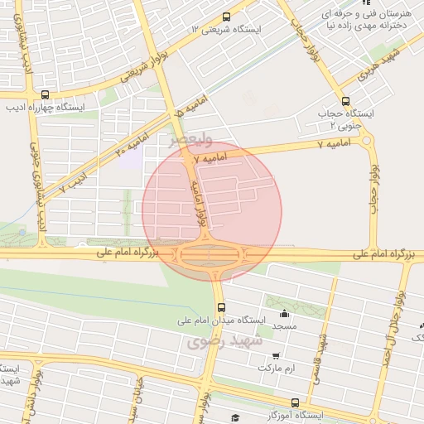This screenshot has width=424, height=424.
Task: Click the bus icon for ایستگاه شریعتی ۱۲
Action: pyautogui.click(x=227, y=17)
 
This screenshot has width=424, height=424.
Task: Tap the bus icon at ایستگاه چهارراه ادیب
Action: pyautogui.click(x=44, y=94)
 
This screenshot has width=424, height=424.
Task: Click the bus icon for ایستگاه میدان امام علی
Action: pyautogui.click(x=219, y=307)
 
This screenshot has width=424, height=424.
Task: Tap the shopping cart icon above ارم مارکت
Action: pyautogui.click(x=275, y=355)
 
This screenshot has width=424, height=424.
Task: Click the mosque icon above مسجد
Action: pyautogui.click(x=284, y=314)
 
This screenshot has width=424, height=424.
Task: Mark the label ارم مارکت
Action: pyautogui.click(x=275, y=367)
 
